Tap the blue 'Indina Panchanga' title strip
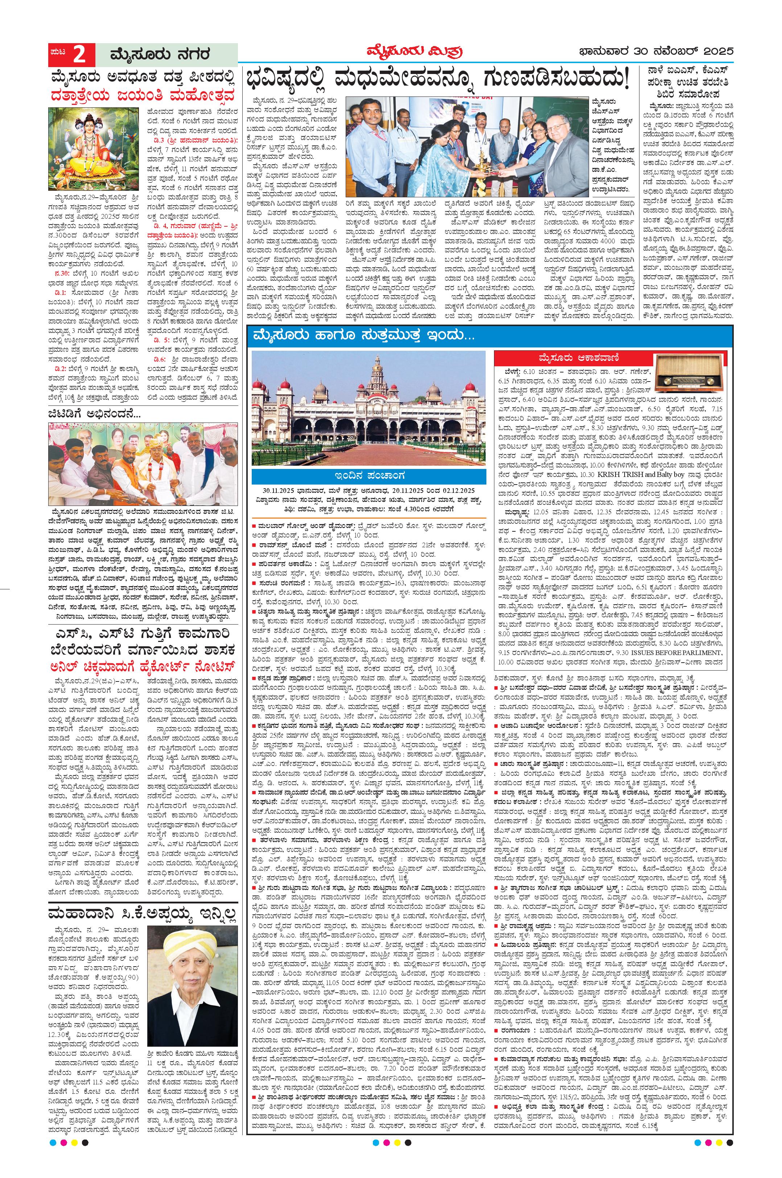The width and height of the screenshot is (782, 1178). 368,475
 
